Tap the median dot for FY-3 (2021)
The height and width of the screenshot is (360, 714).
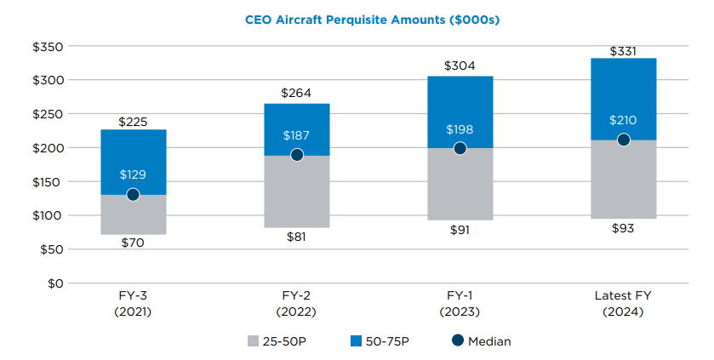133,194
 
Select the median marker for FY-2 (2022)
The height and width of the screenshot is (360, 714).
296,155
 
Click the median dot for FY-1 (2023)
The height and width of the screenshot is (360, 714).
460,148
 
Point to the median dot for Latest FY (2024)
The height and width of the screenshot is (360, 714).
623,140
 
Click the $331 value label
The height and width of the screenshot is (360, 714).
623,51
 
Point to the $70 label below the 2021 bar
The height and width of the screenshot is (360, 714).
133,243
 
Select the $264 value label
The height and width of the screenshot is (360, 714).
296,93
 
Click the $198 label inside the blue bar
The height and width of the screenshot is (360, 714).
460,130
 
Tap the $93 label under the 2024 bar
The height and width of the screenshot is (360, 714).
623,229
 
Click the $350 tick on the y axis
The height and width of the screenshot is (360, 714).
48,46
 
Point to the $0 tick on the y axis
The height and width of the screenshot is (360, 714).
54,283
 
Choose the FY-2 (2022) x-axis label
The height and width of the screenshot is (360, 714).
296,304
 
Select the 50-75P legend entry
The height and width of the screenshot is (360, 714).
380,341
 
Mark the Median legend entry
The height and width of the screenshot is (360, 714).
481,341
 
